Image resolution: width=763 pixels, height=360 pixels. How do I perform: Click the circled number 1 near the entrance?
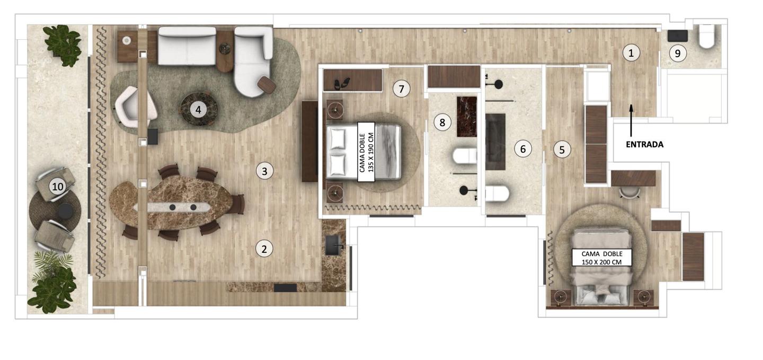[x=631, y=53]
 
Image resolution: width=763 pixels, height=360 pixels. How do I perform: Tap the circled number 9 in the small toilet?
[x=678, y=54]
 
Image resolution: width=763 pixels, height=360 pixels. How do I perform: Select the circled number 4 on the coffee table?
[x=198, y=110]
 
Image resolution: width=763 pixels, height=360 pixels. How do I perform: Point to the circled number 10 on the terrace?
[x=58, y=187]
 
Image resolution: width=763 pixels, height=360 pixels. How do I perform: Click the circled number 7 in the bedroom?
[x=401, y=89]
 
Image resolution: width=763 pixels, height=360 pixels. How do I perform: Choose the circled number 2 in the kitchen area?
[x=264, y=249]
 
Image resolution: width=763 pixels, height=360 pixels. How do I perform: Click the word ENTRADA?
[x=644, y=145]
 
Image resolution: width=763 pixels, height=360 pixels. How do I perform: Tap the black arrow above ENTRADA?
[x=631, y=120]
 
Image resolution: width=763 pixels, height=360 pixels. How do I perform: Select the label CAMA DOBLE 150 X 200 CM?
[x=601, y=258]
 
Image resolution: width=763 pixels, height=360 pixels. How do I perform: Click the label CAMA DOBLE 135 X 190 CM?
[x=366, y=152]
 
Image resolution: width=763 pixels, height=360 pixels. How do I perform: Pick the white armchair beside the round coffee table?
[x=136, y=106]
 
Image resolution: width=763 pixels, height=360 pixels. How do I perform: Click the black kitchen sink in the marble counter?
[x=334, y=245]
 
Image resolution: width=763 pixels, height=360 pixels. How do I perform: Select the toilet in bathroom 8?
[x=465, y=156]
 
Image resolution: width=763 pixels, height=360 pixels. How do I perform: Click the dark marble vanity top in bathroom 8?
[x=466, y=117]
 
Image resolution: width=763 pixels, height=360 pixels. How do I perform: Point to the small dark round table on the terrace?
[x=65, y=211]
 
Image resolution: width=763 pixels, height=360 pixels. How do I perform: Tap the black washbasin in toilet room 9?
[x=678, y=36]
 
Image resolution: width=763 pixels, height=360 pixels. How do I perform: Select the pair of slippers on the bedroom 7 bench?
[x=342, y=84]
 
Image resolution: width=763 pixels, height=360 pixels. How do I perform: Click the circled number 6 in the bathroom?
[x=523, y=148]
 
